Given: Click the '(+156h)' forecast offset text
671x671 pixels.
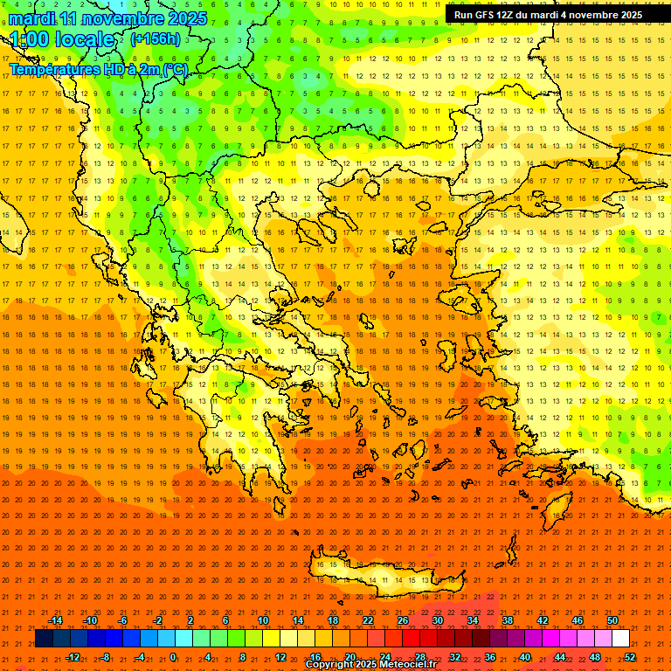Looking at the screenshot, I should point(156,39).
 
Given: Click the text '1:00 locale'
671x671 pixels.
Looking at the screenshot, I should point(63,40).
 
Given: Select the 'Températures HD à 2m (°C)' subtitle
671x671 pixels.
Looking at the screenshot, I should point(98,70).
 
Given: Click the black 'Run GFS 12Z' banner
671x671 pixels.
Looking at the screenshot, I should point(548,15).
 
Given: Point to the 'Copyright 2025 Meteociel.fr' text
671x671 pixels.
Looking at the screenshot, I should point(370,665).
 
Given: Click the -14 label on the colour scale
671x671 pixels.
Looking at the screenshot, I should point(55,620).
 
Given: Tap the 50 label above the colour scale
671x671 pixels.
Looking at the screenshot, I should point(612,620).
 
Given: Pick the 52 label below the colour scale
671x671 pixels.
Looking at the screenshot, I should point(630,657).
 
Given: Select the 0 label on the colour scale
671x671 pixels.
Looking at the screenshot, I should point(173,657).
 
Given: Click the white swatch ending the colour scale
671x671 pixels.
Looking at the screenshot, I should point(620,639).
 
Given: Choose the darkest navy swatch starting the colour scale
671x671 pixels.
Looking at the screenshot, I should point(45,639).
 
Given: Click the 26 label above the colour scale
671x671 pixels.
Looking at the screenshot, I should point(402,620).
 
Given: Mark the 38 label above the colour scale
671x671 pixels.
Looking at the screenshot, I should point(507,620).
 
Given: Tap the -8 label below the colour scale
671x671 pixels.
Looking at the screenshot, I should point(105,657).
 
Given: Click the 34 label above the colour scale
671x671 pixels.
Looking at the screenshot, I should point(472,620).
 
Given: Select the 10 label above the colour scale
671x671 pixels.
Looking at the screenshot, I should point(262,620).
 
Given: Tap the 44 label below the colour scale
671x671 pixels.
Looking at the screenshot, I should point(560,657).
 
